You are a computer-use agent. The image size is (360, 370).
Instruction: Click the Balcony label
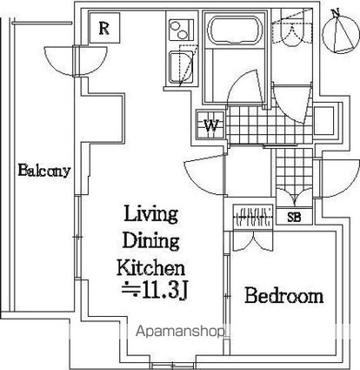click(x=44, y=171)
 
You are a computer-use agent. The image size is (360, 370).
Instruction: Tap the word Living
click(x=151, y=214)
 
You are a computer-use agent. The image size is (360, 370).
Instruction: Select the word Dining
click(x=150, y=242)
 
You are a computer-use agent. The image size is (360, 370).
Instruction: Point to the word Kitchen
click(x=150, y=267)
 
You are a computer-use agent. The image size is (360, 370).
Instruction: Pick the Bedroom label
click(x=284, y=296)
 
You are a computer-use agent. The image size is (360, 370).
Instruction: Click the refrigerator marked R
click(x=104, y=28)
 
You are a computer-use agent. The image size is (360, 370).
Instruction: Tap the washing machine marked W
click(x=210, y=125)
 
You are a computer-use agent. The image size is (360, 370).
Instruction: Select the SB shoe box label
click(x=294, y=217)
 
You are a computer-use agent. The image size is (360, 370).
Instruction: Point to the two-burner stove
click(x=181, y=30)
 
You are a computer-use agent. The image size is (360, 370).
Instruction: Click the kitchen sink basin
click(x=181, y=67)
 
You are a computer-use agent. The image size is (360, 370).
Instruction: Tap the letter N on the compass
click(x=336, y=13)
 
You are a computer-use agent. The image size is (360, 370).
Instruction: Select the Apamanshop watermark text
click(x=180, y=331)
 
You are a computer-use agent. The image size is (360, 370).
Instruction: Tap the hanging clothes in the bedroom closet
click(x=253, y=217)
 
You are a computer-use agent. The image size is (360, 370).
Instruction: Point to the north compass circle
click(x=341, y=34)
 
